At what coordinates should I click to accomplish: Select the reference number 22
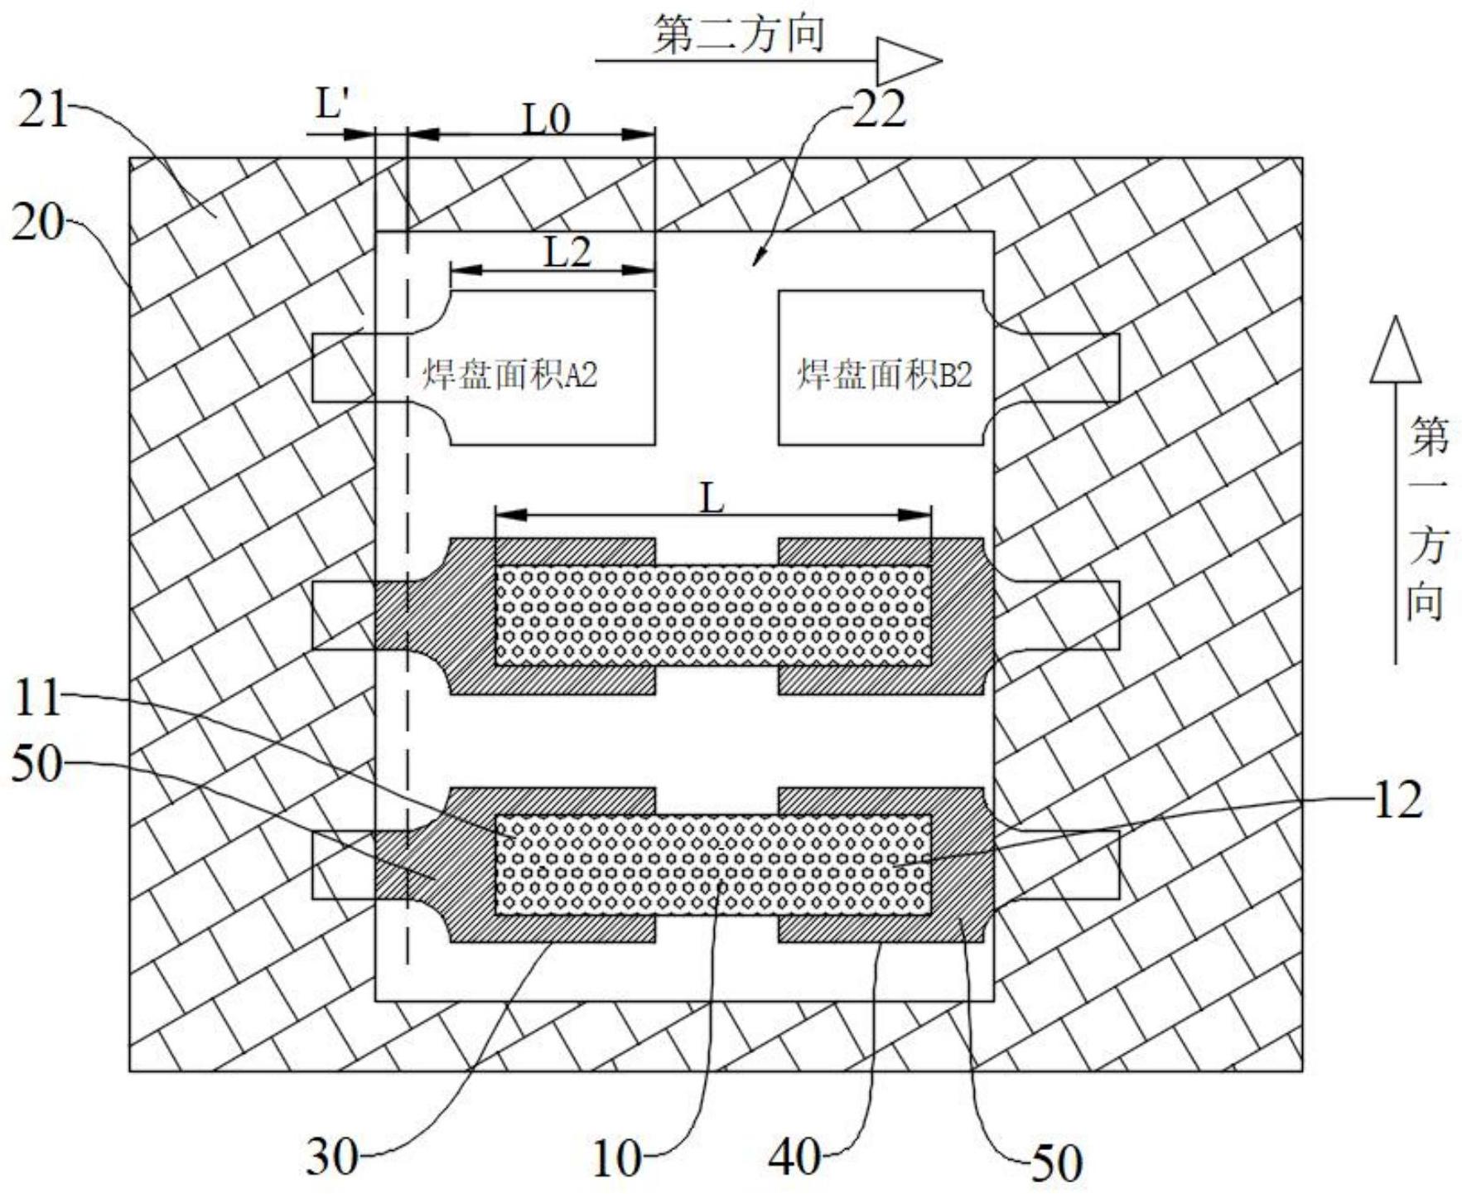pos(879,109)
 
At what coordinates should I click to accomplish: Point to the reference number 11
pos(37,697)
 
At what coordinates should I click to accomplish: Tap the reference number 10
pos(616,1158)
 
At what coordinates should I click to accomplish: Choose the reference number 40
pos(796,1157)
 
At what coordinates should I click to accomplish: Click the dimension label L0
pos(546,120)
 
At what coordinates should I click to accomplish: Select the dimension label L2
pos(567,251)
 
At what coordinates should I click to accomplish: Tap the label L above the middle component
pos(712,499)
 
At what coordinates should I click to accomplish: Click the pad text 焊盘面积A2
pos(510,375)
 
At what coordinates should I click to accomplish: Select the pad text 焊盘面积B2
pos(885,375)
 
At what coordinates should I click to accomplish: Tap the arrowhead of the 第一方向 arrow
pos(1396,350)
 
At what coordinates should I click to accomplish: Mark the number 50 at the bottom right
pos(1055,1163)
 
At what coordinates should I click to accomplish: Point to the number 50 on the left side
pos(37,763)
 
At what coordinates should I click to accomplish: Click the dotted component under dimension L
pos(713,616)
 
